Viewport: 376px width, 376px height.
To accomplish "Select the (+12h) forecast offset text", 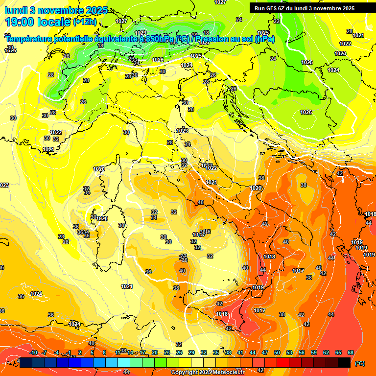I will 86,22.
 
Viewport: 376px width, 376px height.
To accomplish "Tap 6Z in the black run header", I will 284,8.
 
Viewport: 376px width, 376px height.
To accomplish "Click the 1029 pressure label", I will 141,33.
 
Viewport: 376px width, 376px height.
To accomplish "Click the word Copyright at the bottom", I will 185,373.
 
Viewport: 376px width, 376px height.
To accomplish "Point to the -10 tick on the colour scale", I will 33,352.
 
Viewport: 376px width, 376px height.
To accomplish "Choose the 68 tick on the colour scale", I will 351,352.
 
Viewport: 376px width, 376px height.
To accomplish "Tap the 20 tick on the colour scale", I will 155,352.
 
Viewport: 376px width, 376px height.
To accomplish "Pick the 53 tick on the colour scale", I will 289,352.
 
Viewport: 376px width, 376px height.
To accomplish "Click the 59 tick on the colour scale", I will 314,352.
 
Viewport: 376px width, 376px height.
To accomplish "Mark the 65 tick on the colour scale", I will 338,352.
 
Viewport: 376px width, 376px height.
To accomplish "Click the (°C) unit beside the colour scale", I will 360,363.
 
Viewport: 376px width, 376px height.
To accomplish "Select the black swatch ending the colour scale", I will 344,362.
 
